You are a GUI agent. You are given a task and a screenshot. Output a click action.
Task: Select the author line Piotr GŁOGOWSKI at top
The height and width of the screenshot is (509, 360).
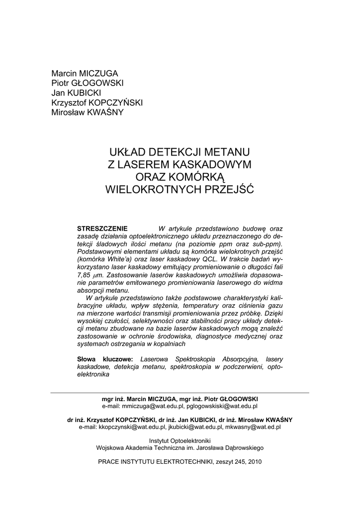click(x=88, y=83)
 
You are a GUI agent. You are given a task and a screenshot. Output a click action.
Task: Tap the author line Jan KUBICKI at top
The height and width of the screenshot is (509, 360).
click(x=76, y=93)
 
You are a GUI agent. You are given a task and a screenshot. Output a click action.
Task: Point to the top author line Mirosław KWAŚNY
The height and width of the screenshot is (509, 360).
click(x=87, y=112)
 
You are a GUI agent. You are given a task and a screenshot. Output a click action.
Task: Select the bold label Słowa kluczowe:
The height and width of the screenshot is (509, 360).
click(x=104, y=358)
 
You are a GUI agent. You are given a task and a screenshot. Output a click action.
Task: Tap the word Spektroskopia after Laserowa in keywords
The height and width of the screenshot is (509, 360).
click(x=190, y=358)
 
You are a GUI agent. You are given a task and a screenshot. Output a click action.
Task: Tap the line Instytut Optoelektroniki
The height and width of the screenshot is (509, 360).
click(x=180, y=440)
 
